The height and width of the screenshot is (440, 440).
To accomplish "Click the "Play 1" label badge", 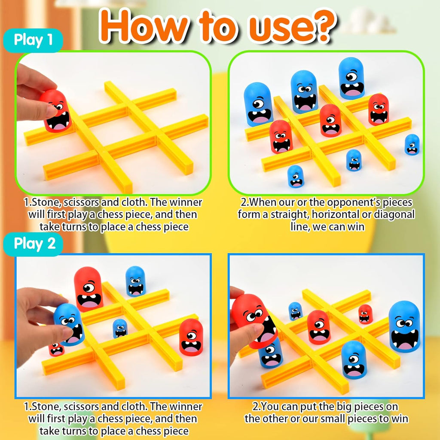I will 34,40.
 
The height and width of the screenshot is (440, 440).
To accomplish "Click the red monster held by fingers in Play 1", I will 56,111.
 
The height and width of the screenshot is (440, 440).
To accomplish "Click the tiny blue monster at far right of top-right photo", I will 412,144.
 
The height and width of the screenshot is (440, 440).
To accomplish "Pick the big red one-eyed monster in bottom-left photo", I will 89,289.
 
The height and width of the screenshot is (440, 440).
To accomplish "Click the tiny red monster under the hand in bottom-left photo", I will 56,349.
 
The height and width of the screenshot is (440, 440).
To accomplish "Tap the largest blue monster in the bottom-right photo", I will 404,327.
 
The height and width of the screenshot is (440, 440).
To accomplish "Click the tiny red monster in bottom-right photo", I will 365,314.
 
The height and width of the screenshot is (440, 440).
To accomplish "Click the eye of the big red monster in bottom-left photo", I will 89,287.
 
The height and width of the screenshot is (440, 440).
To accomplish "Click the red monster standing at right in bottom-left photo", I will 191,337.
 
